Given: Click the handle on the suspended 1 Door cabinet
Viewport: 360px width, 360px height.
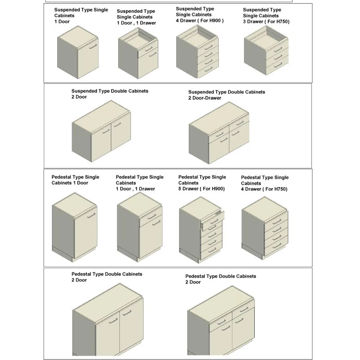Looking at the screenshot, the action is click(93, 46).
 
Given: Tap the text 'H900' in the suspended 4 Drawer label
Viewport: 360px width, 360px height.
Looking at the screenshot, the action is click(215, 21).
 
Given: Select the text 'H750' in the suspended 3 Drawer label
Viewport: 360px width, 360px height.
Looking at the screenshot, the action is click(282, 22).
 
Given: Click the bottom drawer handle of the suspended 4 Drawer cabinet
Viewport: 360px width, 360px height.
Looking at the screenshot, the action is click(209, 69).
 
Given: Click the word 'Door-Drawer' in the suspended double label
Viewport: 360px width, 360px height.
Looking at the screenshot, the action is click(207, 98).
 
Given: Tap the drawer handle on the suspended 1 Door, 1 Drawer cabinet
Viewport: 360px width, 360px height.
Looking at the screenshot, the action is click(149, 49).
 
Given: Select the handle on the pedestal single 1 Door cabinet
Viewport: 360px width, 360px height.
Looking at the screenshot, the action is click(91, 215).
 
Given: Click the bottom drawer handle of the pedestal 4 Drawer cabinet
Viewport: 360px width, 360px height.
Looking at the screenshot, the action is click(277, 245).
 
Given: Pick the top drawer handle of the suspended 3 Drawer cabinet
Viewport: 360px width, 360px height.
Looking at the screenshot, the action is click(278, 49).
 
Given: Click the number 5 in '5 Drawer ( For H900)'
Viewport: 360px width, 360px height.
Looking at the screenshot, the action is click(179, 189).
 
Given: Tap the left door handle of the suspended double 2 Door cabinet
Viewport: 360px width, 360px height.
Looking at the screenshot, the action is click(106, 131).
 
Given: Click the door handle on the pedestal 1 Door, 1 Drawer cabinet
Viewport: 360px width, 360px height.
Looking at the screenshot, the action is click(156, 223).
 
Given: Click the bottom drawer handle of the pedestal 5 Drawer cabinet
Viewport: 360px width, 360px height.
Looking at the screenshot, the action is click(212, 250).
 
